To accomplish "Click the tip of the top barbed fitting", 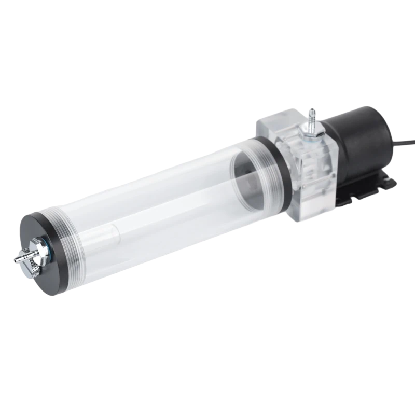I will point(311,110).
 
